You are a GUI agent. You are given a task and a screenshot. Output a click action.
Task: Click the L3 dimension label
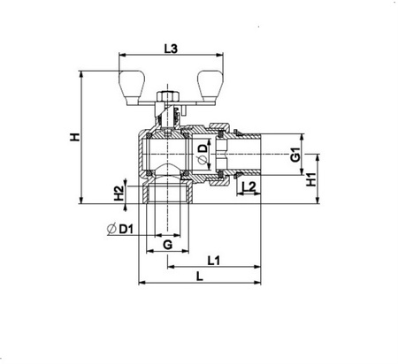tap(171, 49)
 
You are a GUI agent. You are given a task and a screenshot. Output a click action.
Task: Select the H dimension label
tap(75, 137)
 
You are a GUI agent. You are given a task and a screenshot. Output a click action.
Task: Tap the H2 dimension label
tap(119, 193)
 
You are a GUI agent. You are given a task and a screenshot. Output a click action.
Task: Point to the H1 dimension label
tap(310, 179)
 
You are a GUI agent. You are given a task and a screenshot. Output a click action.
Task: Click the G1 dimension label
tap(295, 155)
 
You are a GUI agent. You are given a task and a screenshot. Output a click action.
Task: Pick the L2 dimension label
tap(249, 186)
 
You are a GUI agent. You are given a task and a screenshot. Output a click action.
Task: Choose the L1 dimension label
tap(214, 261)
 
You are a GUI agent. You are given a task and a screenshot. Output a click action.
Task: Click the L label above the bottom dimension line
tap(200, 277)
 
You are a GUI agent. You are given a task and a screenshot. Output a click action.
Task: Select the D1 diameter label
tap(126, 229)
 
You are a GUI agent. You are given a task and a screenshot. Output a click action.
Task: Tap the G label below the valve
tap(168, 245)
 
